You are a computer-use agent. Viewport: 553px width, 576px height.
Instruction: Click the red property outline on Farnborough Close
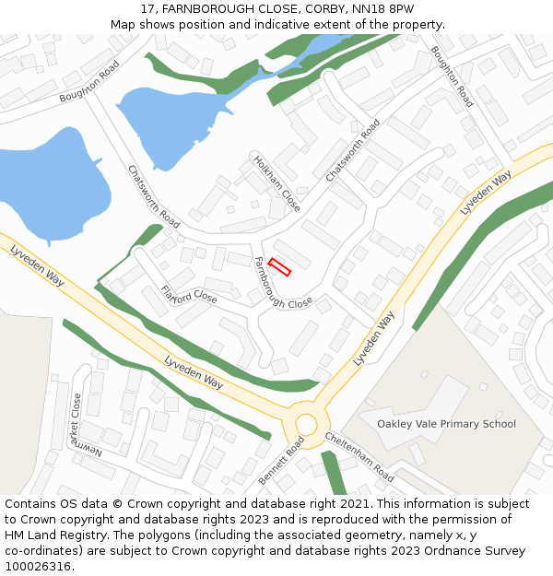coord(279,267)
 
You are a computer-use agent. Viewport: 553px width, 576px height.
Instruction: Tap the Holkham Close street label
coord(276,182)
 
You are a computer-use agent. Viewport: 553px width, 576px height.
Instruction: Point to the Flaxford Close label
coord(189,296)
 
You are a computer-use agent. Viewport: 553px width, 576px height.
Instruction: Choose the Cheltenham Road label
coord(359,457)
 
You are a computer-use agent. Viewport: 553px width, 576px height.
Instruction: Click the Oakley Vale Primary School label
coord(446,424)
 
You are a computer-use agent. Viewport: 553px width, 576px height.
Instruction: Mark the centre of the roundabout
coord(306,424)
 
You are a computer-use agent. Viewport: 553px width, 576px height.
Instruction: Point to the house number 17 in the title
coord(147,9)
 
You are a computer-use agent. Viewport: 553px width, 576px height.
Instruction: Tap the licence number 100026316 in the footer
coord(38,567)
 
